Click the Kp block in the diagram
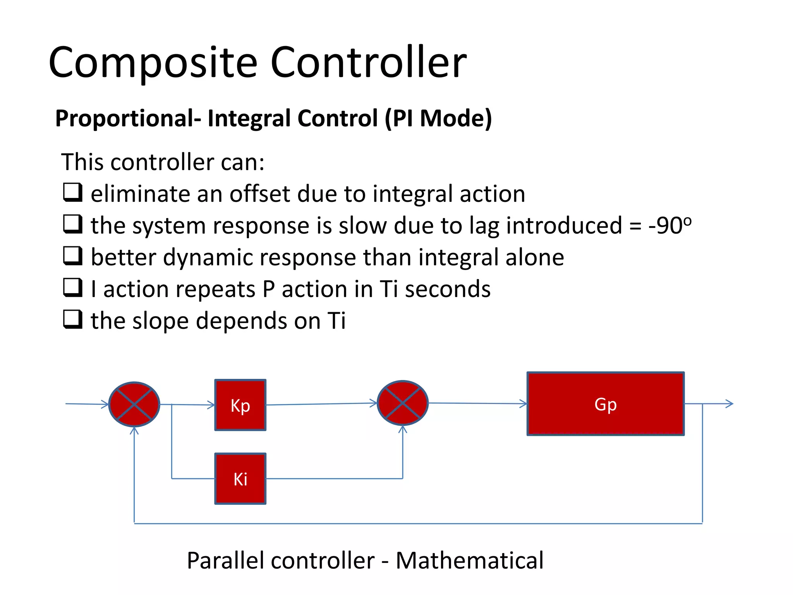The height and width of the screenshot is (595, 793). tap(240, 405)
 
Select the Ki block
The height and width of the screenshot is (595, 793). tap(240, 479)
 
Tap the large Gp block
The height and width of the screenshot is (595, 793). tap(605, 404)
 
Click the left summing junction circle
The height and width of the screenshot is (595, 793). tap(134, 404)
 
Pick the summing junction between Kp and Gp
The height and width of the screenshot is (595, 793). tap(403, 403)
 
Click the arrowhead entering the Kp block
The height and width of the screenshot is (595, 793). tap(211, 405)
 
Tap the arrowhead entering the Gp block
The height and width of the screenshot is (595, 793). tap(524, 404)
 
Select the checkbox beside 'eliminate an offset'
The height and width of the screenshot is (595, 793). tap(73, 193)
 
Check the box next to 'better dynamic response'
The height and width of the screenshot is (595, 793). tap(73, 256)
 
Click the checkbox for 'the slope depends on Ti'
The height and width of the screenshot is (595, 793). tap(73, 320)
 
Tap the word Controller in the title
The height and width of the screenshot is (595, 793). tap(368, 62)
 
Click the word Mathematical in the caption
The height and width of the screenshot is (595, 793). tap(469, 561)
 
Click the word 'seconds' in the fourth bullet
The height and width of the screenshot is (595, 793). tap(448, 289)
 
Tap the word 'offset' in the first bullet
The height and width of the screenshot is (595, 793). tap(259, 194)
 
